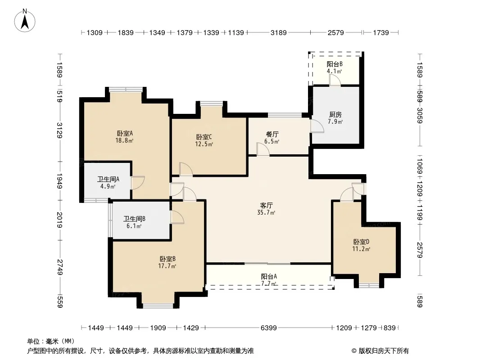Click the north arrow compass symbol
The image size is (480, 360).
click(25, 21)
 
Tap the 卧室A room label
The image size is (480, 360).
click(125, 133)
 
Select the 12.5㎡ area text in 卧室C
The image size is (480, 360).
click(204, 144)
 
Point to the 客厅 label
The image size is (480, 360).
click(266, 205)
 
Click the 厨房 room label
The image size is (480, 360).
click(335, 114)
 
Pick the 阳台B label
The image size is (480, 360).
click(335, 64)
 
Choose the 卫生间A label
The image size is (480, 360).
click(109, 179)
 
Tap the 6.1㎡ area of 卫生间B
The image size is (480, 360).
click(134, 226)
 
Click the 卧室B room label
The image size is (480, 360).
click(168, 259)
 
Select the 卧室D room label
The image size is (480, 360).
click(361, 242)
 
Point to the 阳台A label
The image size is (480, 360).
click(269, 276)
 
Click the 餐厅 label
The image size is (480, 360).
click(272, 134)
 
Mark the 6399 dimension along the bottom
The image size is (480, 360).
click(268, 328)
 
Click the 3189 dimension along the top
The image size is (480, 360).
click(279, 32)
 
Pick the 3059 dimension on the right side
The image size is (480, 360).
click(419, 115)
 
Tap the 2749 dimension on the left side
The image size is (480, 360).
click(60, 267)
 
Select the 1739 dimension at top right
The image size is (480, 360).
click(381, 32)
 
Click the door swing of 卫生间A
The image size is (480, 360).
click(138, 183)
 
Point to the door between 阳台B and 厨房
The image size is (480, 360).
click(335, 80)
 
